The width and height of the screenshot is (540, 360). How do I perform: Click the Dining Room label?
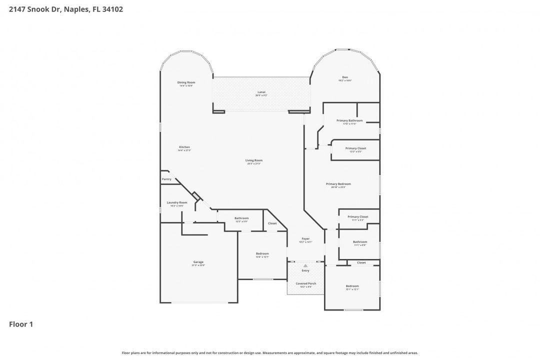186,82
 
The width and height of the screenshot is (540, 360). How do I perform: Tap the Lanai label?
261,92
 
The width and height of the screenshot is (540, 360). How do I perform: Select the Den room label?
345,77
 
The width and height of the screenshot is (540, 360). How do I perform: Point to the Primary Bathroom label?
349,120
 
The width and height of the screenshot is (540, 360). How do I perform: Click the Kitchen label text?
184,147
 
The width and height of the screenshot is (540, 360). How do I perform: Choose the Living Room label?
254,160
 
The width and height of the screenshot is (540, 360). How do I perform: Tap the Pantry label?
166,179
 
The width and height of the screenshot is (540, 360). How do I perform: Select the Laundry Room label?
177,202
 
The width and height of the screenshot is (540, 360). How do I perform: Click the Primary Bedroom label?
338,184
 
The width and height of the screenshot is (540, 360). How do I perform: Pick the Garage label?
198,262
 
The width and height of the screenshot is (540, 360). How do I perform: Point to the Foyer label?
305,239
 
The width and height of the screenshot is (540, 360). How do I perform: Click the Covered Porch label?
305,283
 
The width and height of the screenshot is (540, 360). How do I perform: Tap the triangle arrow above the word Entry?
305,266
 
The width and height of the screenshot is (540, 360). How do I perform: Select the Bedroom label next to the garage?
262,253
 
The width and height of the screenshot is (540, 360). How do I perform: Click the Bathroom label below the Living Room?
241,218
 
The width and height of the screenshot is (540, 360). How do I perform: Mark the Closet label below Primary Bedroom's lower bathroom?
361,262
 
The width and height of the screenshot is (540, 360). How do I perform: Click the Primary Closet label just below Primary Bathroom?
355,148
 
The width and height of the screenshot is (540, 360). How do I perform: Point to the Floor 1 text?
21,324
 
